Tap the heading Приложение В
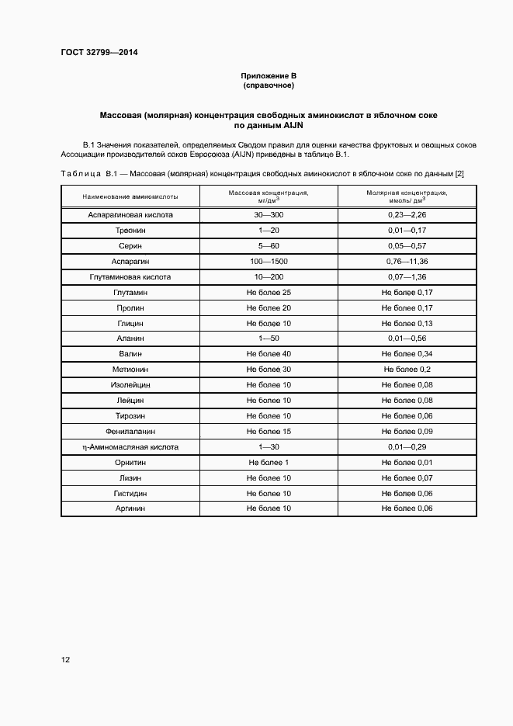pos(269,75)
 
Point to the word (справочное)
pos(269,85)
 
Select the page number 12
pos(65,660)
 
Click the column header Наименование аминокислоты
pos(130,196)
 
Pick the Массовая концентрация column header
pos(269,196)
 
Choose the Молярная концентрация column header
pos(407,196)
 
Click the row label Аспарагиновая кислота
pos(130,214)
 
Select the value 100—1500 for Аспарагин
pos(269,261)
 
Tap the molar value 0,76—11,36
pos(407,261)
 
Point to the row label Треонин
pos(130,230)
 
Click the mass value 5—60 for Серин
pos(269,245)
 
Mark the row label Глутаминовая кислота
pos(130,276)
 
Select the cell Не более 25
pos(269,292)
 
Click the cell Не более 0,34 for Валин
pos(407,354)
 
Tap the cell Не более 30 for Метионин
pos(269,370)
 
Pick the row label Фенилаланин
pos(130,431)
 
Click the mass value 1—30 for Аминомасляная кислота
pos(269,446)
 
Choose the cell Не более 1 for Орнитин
pos(269,462)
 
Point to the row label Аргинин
pos(130,509)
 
